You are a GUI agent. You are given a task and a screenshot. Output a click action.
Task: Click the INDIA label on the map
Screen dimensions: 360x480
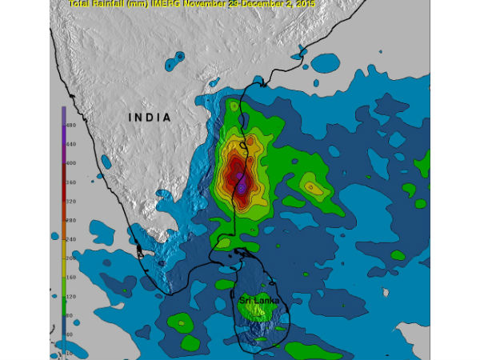pyautogui.click(x=150, y=118)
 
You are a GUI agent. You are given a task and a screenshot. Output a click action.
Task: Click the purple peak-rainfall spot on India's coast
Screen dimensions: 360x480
pyautogui.click(x=241, y=187)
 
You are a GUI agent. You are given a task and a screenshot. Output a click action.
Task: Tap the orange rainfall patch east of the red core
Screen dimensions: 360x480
pyautogui.click(x=313, y=188)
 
